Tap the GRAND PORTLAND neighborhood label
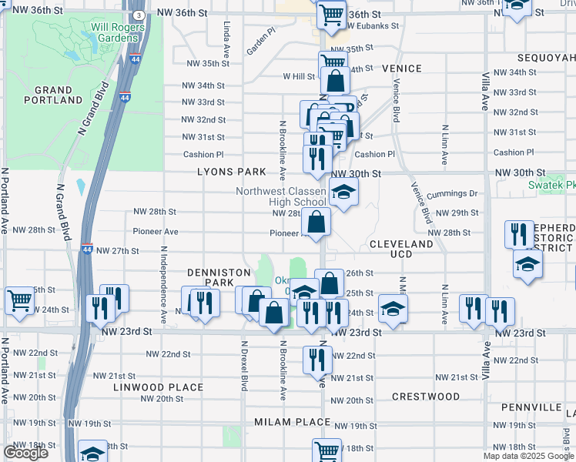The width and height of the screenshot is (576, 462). [x=53, y=94]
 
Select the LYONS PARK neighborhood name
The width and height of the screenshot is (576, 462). [x=231, y=172]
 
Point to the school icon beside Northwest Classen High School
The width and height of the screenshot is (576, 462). [x=343, y=192]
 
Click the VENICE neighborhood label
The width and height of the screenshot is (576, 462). [x=402, y=69]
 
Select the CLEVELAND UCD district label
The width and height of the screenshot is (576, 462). [x=400, y=249]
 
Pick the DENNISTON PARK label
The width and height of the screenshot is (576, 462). [x=219, y=278]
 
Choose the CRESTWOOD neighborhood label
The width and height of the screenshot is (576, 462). [x=425, y=397]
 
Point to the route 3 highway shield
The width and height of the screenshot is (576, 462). [x=137, y=15]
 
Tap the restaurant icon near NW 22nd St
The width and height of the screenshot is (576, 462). [x=316, y=358]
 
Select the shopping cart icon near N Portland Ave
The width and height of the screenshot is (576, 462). [x=19, y=302]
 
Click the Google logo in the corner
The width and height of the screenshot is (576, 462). [x=25, y=453]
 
